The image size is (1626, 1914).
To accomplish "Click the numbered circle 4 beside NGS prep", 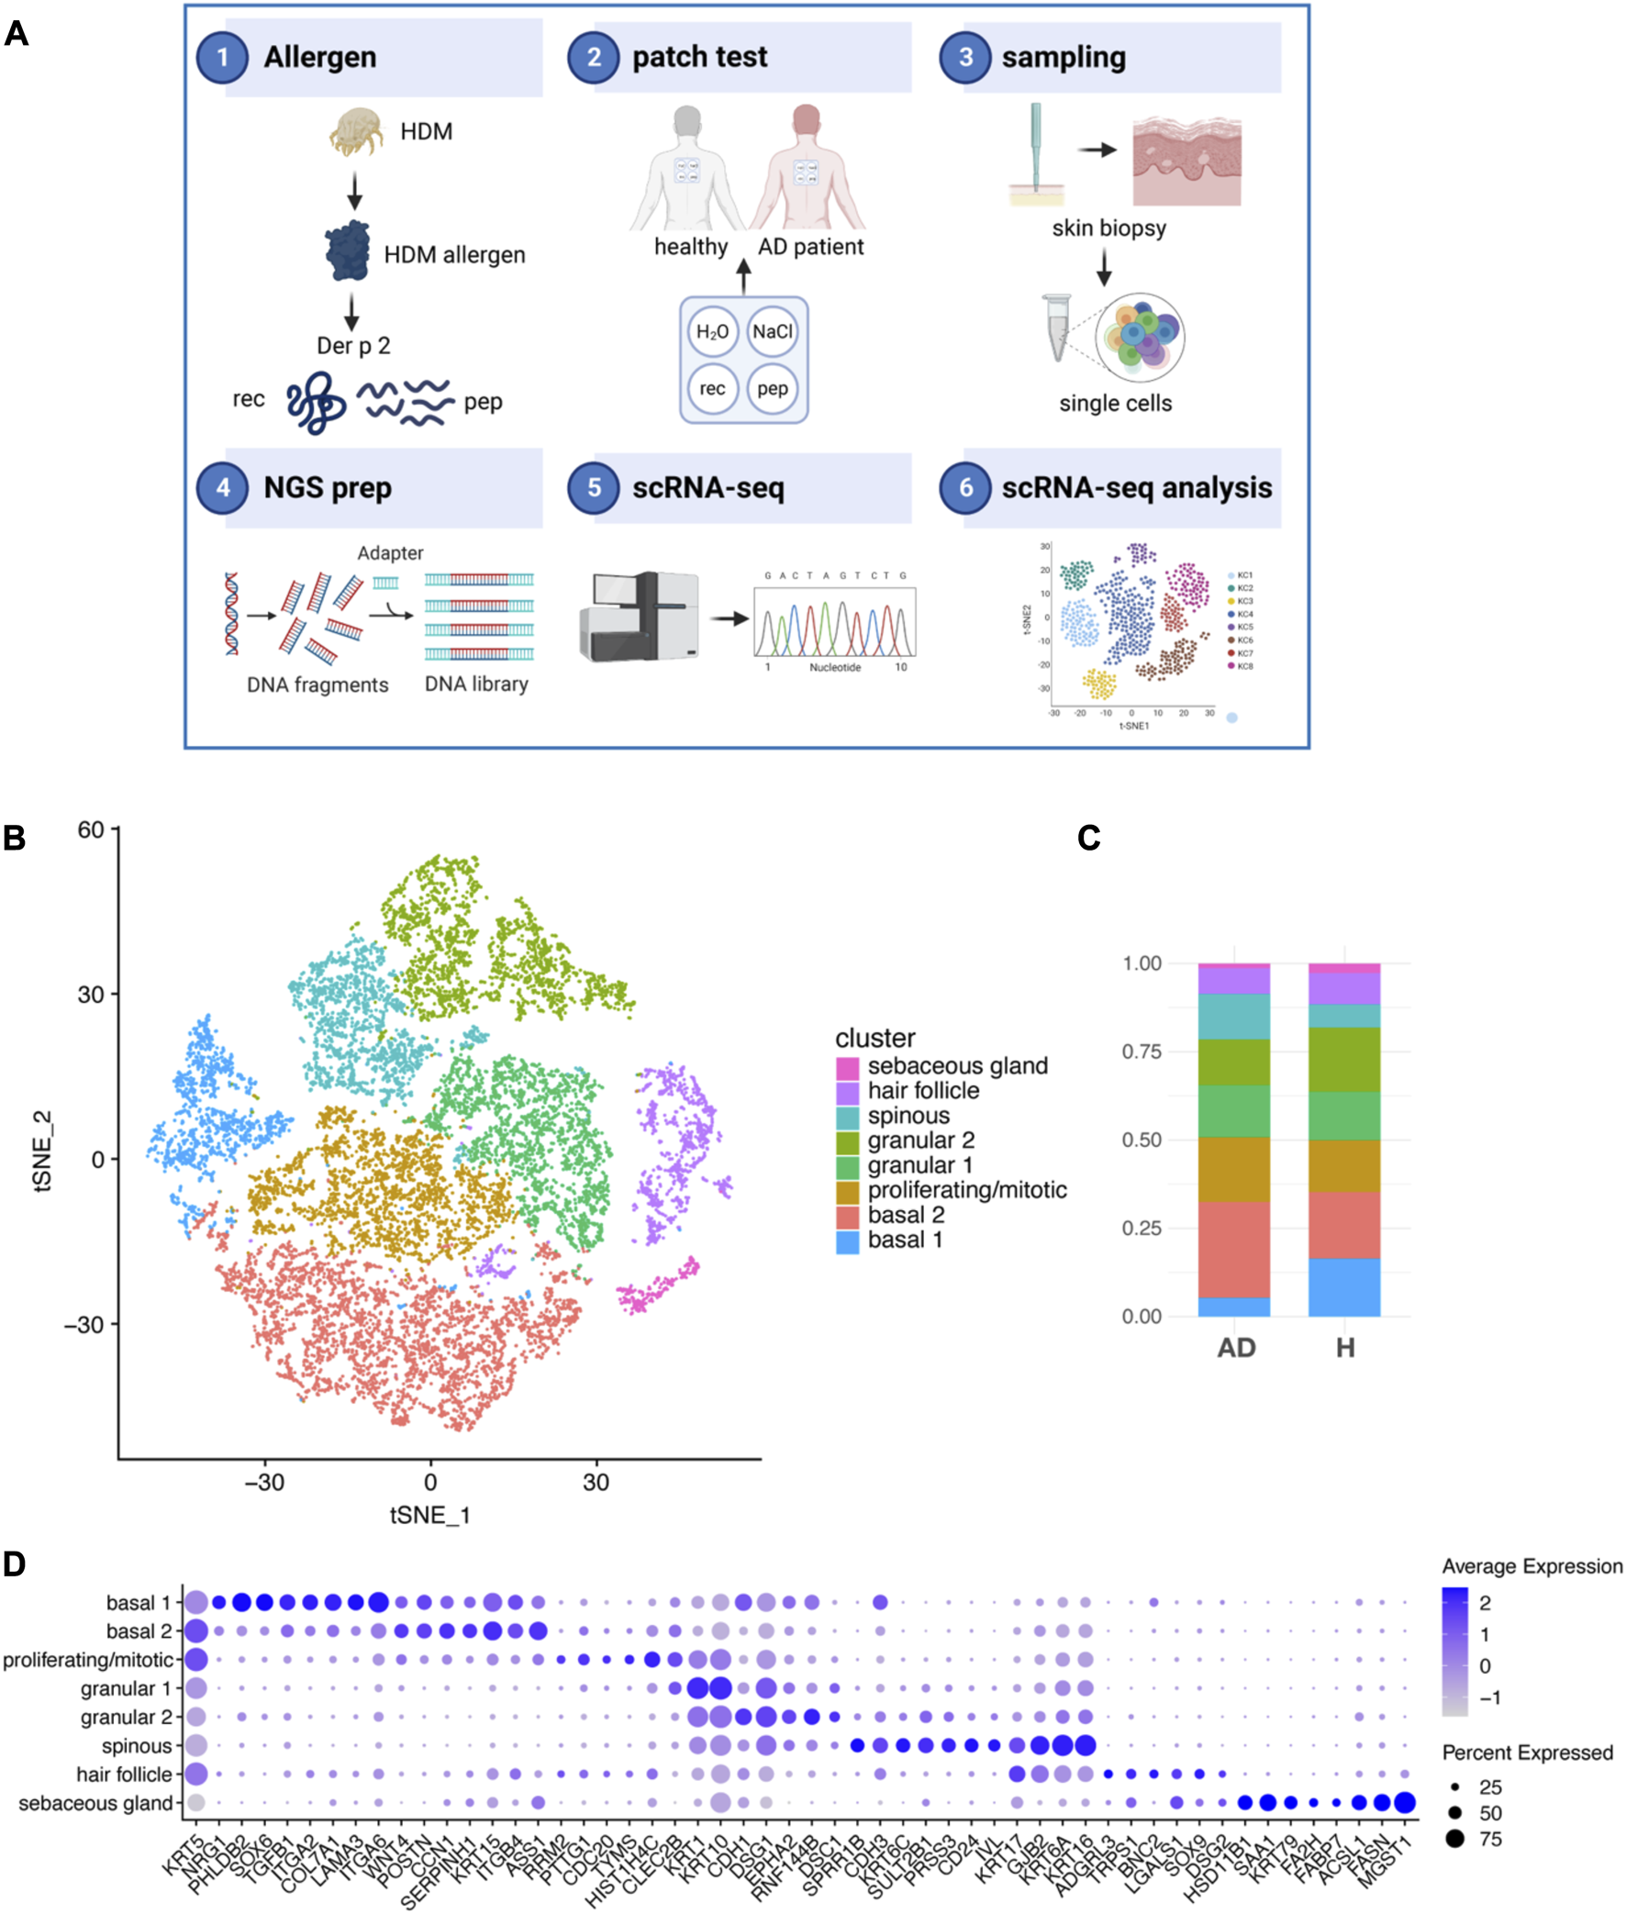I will click(222, 487).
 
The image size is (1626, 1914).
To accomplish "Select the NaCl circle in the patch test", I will click(773, 332).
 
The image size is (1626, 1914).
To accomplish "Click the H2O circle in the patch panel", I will click(712, 332).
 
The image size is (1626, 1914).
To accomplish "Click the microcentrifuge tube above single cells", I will click(1056, 328).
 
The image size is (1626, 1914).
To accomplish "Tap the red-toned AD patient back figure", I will click(807, 171).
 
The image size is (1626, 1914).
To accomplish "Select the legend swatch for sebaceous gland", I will click(847, 1067).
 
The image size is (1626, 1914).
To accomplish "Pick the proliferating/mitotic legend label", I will click(967, 1190).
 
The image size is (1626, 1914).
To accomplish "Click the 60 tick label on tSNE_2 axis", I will click(91, 830).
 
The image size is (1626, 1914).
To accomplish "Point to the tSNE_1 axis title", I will click(429, 1515).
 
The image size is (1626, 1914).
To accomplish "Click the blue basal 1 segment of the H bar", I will click(1344, 1286).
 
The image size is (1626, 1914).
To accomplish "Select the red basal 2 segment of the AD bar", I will click(1233, 1249).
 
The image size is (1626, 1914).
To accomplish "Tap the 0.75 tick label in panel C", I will click(1142, 1052).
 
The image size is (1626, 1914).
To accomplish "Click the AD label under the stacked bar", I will click(1236, 1348).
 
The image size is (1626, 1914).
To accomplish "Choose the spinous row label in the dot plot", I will click(137, 1745).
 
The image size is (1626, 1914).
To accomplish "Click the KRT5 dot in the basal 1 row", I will click(195, 1603).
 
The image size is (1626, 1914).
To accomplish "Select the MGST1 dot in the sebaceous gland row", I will click(1405, 1802).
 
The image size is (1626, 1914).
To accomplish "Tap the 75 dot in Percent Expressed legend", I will click(1454, 1839).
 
